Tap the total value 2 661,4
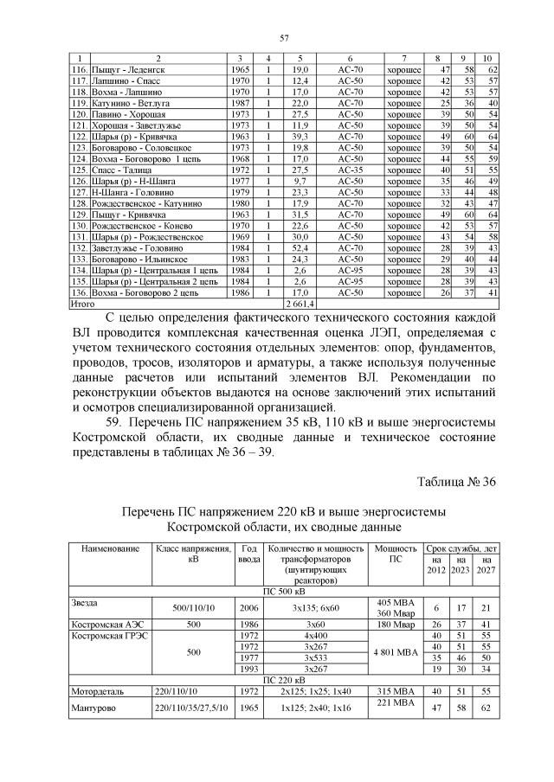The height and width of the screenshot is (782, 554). coord(300,304)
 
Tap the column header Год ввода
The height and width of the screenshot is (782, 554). coord(248,554)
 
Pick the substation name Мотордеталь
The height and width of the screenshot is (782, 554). coord(96,703)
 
